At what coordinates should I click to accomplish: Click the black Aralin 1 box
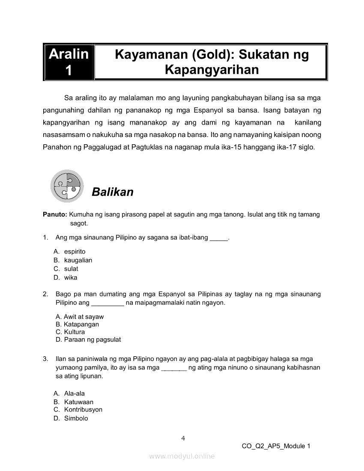click(69, 62)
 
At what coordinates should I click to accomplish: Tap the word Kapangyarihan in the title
click(212, 70)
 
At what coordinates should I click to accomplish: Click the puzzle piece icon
click(67, 186)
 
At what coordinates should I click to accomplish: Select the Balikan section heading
click(113, 192)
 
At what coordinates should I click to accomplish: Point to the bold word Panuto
click(55, 215)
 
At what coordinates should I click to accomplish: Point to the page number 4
click(183, 438)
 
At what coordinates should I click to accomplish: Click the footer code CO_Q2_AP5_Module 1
click(276, 446)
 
